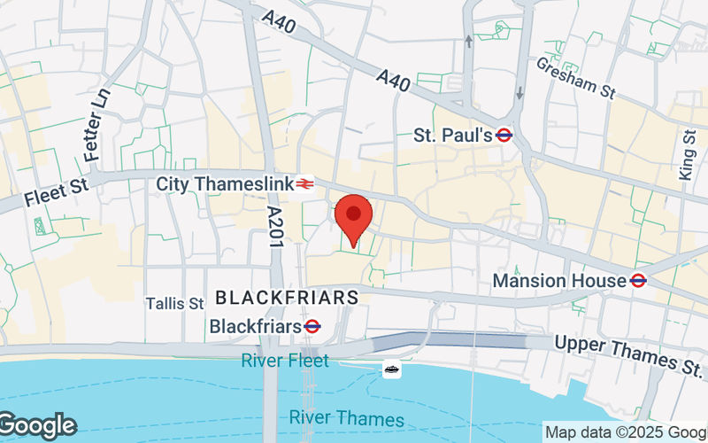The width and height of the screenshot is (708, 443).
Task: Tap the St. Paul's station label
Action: coord(452,136)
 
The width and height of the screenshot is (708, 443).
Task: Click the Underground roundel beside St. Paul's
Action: coord(504,136)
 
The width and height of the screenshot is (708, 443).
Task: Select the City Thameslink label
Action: coord(223,184)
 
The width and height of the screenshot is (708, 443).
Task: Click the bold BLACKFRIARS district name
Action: coord(287,298)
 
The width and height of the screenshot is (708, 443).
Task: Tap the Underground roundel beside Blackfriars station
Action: coord(312,327)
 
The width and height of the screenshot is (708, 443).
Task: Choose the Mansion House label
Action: coord(559,281)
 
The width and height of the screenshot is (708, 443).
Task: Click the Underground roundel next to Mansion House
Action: coord(638,281)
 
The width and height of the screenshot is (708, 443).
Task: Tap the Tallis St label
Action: coord(175,304)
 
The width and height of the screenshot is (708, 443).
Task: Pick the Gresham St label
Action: coord(576,78)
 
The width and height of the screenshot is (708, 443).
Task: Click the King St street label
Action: coord(688,155)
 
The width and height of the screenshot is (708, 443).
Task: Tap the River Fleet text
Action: coord(284,361)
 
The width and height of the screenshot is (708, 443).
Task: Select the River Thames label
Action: coord(346,419)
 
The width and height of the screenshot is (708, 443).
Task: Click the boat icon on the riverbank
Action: coord(391,369)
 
